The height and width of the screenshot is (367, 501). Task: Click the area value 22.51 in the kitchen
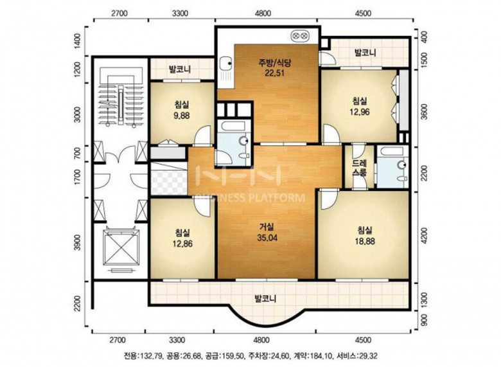point(274,73)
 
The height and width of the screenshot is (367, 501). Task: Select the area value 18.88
point(365,242)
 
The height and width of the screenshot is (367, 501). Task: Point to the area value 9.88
point(182,116)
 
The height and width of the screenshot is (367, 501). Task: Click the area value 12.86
point(182,244)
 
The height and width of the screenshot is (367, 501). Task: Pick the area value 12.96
point(360,112)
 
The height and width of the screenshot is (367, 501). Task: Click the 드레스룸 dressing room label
point(360,168)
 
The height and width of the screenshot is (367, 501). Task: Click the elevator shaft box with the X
point(121,247)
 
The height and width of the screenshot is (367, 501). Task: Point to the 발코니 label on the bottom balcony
point(265,299)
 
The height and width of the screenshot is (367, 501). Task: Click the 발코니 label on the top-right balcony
point(365,53)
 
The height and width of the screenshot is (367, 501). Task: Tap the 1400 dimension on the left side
point(78,41)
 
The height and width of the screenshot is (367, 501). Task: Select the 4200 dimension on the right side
point(425,237)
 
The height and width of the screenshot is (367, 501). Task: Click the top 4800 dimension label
point(264,13)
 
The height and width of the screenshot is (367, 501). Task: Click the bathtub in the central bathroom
point(233,126)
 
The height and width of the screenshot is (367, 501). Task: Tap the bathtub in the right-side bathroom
point(392,152)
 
